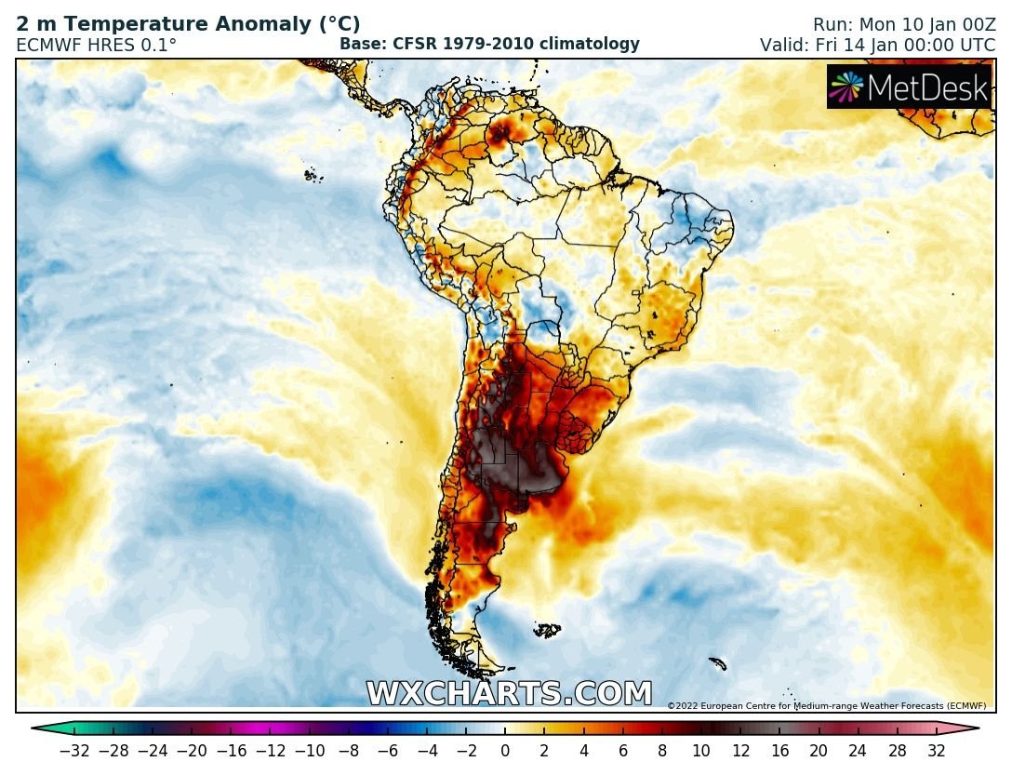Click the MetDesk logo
pyautogui.click(x=909, y=87)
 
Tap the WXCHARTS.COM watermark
pyautogui.click(x=509, y=694)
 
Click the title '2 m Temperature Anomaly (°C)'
pyautogui.click(x=188, y=25)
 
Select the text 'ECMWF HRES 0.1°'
pyautogui.click(x=96, y=45)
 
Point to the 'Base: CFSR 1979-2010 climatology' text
pyautogui.click(x=489, y=44)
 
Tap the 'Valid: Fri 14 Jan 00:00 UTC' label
pyautogui.click(x=877, y=45)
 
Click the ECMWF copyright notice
pyautogui.click(x=826, y=706)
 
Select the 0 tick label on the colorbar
pyautogui.click(x=505, y=751)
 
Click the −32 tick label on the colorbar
pyautogui.click(x=74, y=751)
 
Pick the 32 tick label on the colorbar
pyautogui.click(x=936, y=751)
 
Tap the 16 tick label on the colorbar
pyautogui.click(x=779, y=751)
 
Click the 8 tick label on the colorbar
pyautogui.click(x=662, y=751)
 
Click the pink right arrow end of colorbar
pyautogui.click(x=970, y=729)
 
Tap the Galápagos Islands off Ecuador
pyautogui.click(x=312, y=174)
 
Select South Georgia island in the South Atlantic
pyautogui.click(x=716, y=663)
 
